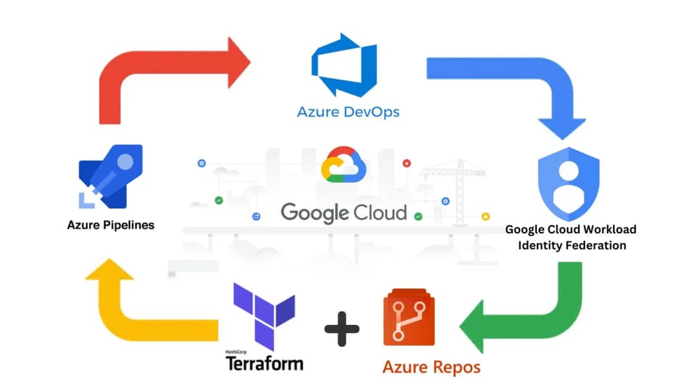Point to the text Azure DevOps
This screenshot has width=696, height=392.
(348, 112)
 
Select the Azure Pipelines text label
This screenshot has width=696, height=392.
(111, 226)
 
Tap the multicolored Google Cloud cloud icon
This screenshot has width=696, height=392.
(343, 166)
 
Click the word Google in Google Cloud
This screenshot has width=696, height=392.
(313, 213)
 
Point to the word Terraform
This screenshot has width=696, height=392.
(264, 363)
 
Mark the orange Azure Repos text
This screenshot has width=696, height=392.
(431, 367)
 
